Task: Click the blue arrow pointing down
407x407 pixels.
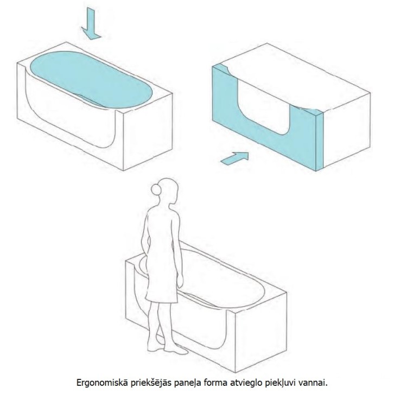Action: click(91, 24)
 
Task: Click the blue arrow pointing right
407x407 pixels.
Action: click(235, 158)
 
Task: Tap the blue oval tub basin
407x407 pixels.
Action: click(91, 79)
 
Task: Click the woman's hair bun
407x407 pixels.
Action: click(156, 188)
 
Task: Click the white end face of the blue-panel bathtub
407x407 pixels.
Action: click(347, 130)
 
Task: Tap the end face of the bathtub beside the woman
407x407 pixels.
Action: click(261, 333)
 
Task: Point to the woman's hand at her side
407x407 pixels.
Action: click(181, 281)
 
